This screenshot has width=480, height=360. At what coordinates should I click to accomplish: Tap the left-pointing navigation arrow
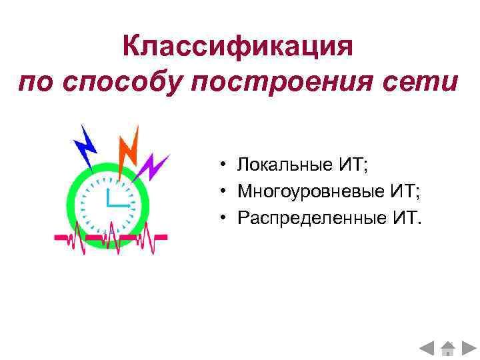pos(427,347)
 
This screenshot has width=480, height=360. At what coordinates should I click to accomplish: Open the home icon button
pos(447,347)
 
